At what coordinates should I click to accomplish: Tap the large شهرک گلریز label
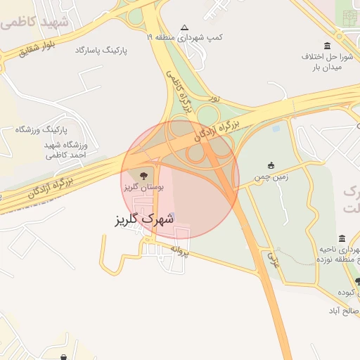143,219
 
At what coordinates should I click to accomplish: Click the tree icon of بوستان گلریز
144,174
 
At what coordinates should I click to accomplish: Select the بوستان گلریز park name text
143,188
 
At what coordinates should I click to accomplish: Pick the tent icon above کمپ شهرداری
184,25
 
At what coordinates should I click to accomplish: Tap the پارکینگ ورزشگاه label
45,129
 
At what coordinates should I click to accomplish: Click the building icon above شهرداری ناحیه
342,238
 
